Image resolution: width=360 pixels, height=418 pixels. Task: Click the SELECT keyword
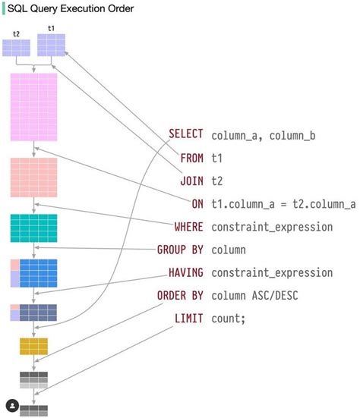point(186,134)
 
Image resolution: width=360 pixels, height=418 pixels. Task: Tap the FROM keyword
point(191,158)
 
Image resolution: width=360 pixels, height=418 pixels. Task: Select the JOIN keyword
point(191,181)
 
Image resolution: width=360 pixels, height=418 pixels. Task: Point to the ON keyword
point(197,203)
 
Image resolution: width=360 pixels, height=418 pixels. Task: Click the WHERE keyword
point(188,226)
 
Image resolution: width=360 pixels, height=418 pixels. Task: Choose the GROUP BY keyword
point(180,249)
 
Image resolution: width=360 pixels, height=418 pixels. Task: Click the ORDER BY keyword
point(180,294)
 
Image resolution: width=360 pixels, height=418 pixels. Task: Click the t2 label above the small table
point(17,34)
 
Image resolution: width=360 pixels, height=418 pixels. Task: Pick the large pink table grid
point(33,107)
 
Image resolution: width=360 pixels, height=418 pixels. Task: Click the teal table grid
point(33,228)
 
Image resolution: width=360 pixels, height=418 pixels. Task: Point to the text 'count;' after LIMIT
point(229,318)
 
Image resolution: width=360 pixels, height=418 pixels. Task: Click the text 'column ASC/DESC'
point(256,295)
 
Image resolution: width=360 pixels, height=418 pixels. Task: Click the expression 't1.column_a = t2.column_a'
point(283,204)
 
